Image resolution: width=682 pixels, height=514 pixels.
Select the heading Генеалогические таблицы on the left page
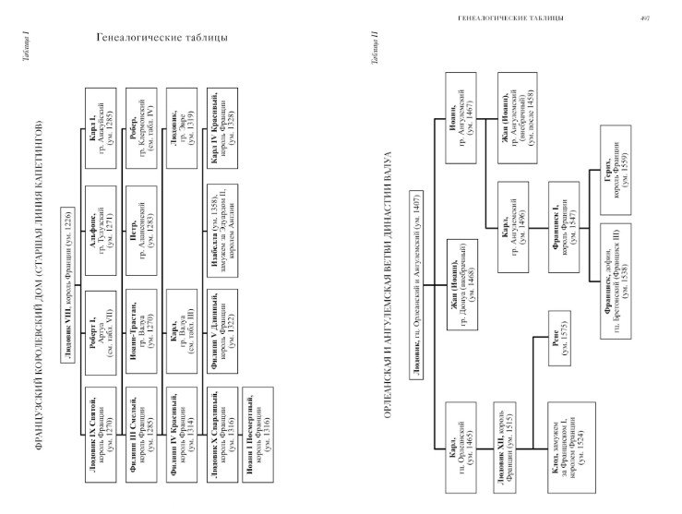point(162,38)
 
